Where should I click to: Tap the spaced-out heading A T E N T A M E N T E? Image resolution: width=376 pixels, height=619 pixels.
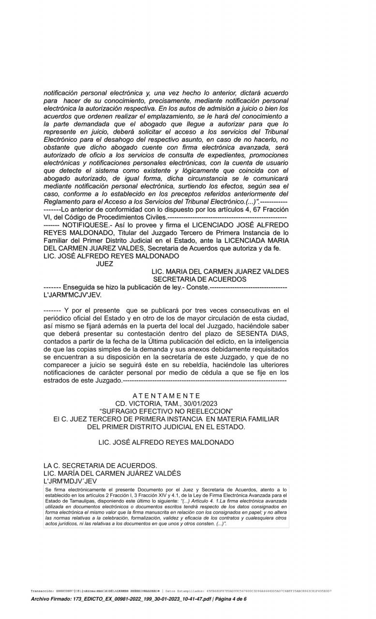click(166, 395)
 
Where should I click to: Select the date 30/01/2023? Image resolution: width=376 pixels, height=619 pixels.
click(201, 403)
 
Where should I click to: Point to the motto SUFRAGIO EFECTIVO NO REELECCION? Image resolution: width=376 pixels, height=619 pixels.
click(166, 411)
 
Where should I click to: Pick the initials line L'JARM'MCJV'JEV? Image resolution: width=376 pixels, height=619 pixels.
click(73, 295)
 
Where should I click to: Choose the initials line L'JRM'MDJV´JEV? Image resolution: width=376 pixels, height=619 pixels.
click(70, 481)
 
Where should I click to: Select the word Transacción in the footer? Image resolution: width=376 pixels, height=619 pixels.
click(41, 590)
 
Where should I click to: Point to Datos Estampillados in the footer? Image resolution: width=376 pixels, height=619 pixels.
click(184, 590)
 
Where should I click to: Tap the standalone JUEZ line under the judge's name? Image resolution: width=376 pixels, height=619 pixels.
click(105, 264)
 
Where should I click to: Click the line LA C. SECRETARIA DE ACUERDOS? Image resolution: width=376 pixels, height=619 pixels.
click(100, 466)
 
